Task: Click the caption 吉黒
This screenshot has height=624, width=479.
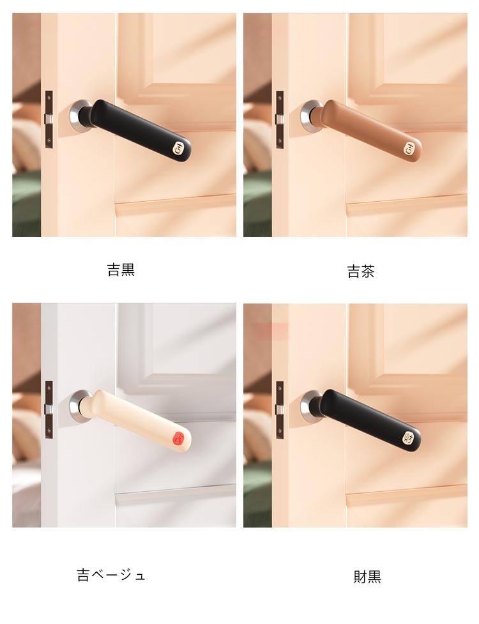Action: tap(121, 270)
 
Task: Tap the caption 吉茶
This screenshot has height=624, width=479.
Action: tap(361, 272)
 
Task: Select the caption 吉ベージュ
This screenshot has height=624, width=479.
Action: tap(111, 575)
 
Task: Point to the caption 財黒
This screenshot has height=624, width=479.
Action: tap(367, 577)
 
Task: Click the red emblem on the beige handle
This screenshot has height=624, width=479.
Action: tap(178, 439)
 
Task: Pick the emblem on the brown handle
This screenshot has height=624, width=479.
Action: tap(409, 148)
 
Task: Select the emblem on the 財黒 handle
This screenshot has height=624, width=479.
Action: tap(409, 439)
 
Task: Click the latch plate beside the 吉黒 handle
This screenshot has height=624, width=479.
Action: tap(49, 120)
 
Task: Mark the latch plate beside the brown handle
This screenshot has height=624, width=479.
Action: tap(280, 120)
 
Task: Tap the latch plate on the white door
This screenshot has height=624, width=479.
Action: tap(49, 410)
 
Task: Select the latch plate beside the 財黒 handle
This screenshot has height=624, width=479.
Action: tap(280, 410)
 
